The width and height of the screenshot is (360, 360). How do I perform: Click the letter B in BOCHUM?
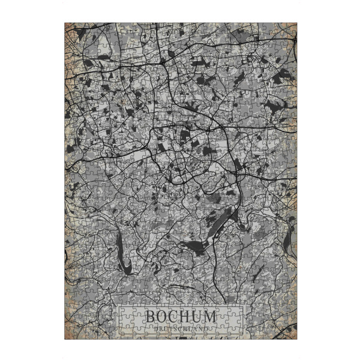pyautogui.click(x=149, y=316)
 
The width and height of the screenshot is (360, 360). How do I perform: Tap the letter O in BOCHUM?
pyautogui.click(x=162, y=316)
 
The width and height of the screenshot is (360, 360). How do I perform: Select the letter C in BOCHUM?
pyautogui.click(x=174, y=316)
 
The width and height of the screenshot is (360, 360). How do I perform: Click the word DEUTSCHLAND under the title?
pyautogui.click(x=181, y=329)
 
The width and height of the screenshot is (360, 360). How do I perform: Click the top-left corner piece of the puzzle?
pyautogui.click(x=69, y=28)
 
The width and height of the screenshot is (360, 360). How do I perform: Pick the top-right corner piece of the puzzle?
pyautogui.click(x=292, y=28)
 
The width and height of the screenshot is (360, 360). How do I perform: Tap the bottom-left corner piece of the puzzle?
pyautogui.click(x=69, y=332)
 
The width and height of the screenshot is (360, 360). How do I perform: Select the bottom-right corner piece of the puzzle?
pyautogui.click(x=292, y=332)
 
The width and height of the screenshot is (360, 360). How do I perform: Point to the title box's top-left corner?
pyautogui.click(x=118, y=306)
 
